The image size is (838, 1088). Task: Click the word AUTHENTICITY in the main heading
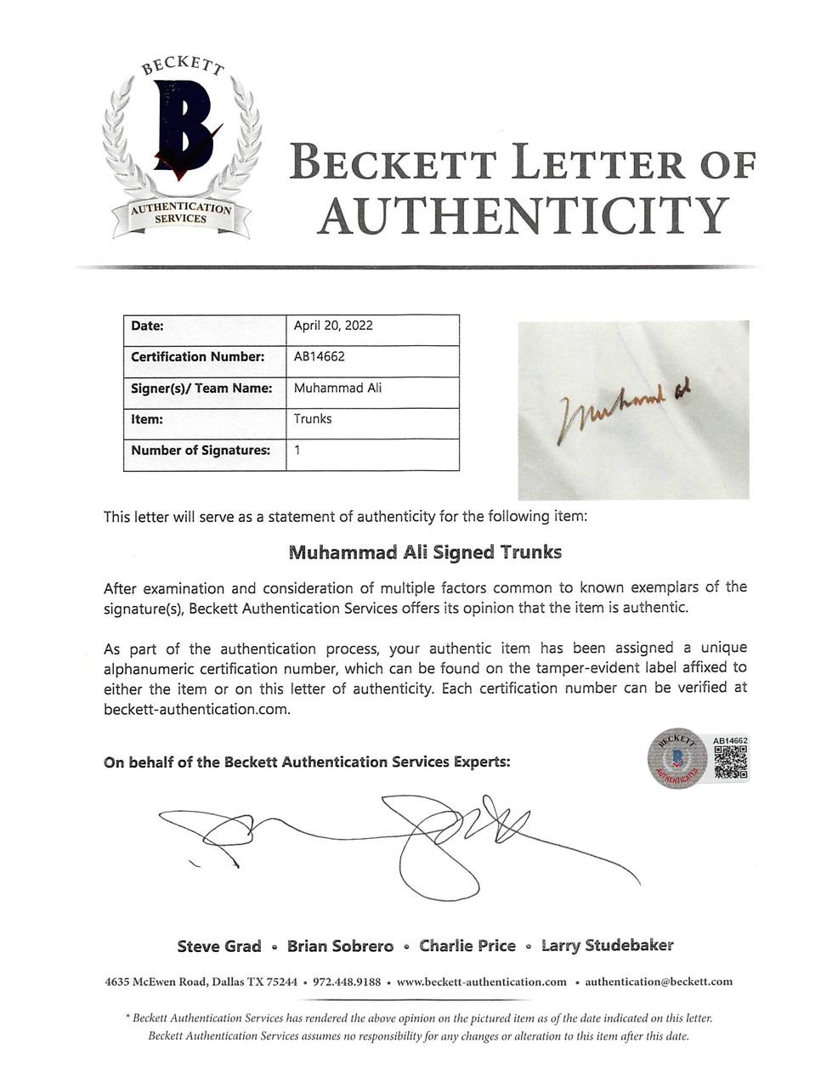[x=523, y=216]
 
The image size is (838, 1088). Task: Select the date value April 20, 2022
[x=333, y=326]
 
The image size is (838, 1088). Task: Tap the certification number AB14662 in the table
[x=319, y=357]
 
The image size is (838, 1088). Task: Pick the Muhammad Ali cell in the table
[x=337, y=388]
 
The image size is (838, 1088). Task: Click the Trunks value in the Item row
[x=313, y=419]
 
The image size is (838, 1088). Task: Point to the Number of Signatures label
[x=201, y=450]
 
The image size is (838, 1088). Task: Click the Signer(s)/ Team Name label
[x=201, y=388]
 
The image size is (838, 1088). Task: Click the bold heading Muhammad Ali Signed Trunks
[x=425, y=552]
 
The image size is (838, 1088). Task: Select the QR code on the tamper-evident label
[x=730, y=762]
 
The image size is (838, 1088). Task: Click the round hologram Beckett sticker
[x=677, y=758]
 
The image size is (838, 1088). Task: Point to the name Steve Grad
[x=219, y=946]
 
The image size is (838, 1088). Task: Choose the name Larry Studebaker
[x=607, y=945]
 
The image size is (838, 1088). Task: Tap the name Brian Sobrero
[x=340, y=946]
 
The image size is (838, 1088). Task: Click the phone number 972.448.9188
[x=347, y=982]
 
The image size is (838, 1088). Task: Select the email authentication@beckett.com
[x=659, y=982]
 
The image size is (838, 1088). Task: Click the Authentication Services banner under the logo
[x=180, y=213]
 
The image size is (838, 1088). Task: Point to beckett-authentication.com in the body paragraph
[x=196, y=710]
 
